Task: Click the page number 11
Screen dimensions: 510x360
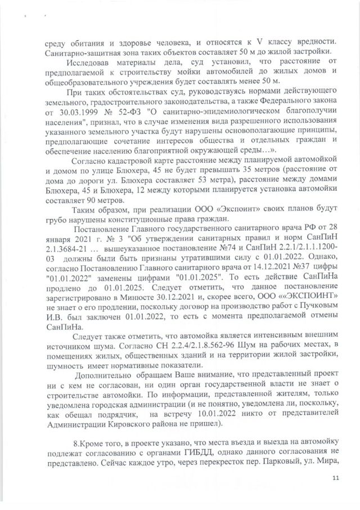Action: pos(336,478)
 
